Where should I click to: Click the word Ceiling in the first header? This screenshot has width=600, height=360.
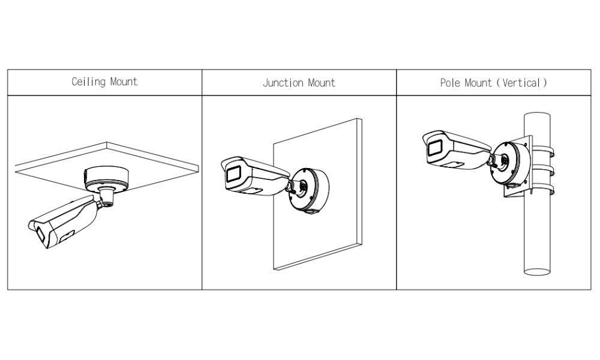[x=89, y=82]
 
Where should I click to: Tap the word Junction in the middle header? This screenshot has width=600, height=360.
[x=284, y=82]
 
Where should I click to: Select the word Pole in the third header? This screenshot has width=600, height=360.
[x=451, y=83]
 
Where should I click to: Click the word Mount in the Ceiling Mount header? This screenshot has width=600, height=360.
[x=124, y=82]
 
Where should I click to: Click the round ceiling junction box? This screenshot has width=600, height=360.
[x=107, y=178]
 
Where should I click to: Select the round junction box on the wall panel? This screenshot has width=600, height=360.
[x=309, y=189]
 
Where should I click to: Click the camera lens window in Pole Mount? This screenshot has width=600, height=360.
[x=433, y=148]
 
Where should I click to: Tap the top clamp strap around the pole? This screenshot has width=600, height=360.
[x=543, y=148]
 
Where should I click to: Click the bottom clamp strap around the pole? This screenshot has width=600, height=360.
[x=543, y=191]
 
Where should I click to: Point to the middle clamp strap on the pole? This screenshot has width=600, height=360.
[x=543, y=169]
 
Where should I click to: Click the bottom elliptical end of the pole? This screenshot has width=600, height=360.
[x=539, y=272]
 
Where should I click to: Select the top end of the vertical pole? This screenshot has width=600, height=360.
[x=539, y=115]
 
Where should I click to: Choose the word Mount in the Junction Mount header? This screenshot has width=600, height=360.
[x=321, y=82]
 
